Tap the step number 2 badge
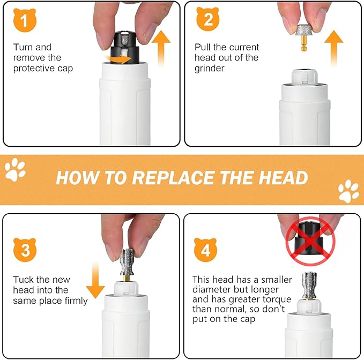pyautogui.click(x=207, y=20)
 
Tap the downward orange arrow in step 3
pyautogui.click(x=95, y=280)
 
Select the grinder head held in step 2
pyautogui.click(x=304, y=32)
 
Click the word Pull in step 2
pyautogui.click(x=203, y=47)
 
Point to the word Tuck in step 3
pyautogui.click(x=24, y=280)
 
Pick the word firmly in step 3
pyautogui.click(x=75, y=301)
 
